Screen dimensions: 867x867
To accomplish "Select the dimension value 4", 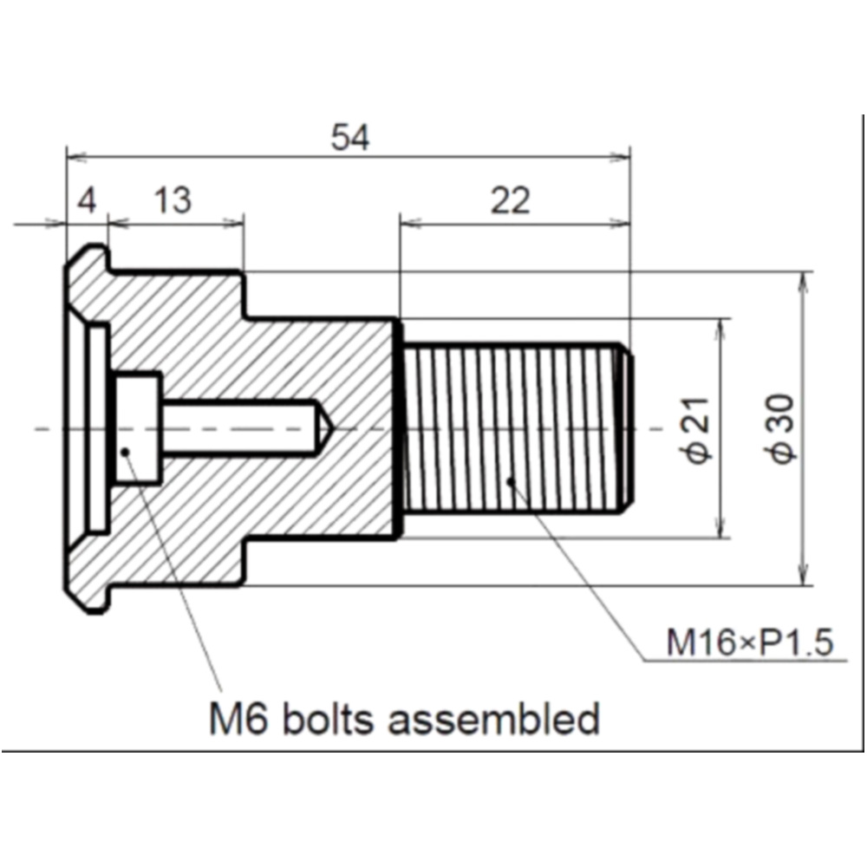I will pos(87,202).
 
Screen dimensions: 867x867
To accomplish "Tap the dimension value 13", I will pos(173,202).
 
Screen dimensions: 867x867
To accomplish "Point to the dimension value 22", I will pos(510,202).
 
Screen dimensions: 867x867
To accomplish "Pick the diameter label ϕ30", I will pos(783,428).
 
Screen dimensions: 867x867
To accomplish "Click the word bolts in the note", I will pos(326,719).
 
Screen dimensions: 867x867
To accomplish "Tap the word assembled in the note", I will pos(493,719).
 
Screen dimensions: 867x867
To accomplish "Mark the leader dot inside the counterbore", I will pos(127,450).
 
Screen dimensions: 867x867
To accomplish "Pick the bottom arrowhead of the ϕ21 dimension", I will pos(719,530).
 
